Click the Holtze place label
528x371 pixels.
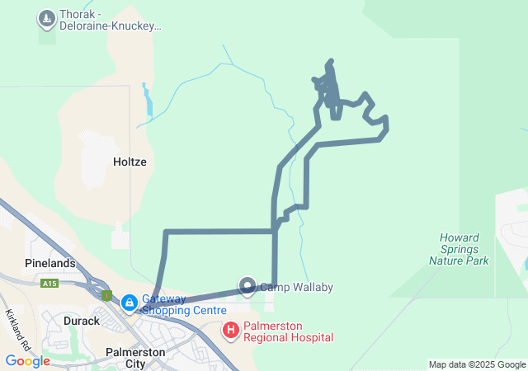coord(129,162)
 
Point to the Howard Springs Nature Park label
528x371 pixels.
coord(459,249)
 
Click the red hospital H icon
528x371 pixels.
coord(232,331)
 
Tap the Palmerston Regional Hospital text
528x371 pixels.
coord(288,331)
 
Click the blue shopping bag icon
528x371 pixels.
coord(130,303)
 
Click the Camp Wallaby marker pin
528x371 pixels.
coord(247,286)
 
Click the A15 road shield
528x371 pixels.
coord(49,283)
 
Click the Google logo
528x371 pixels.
coord(27,361)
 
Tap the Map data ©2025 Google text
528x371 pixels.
coord(477,364)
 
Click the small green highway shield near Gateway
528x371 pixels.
coord(107,294)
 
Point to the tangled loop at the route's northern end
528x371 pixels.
coord(330,87)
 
